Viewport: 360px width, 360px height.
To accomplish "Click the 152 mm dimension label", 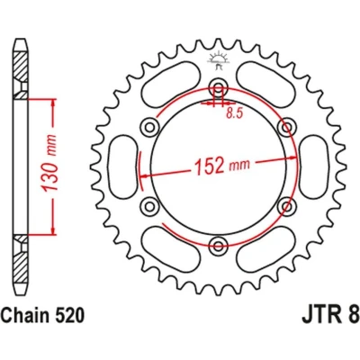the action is coord(222,166).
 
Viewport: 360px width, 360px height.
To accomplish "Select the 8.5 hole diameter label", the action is coord(234,113).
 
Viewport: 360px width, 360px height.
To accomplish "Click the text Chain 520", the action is coord(42,316).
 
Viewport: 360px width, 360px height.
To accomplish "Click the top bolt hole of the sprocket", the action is coord(219,87).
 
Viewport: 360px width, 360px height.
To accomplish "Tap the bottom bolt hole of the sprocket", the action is coord(219,245).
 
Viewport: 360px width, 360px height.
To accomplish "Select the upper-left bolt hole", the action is coord(149,127).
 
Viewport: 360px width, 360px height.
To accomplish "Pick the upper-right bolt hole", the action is coord(287,127).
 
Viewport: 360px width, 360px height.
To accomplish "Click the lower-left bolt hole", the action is coord(149,206).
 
